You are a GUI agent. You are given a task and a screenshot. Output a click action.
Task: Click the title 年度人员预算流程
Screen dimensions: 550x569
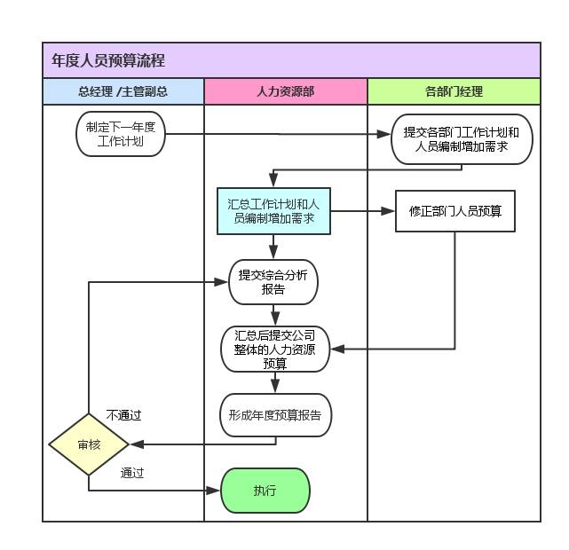click(x=108, y=61)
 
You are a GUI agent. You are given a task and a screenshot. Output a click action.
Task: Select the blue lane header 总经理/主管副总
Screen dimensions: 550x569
click(x=122, y=91)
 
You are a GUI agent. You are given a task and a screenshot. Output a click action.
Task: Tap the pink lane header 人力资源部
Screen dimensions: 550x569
click(x=285, y=91)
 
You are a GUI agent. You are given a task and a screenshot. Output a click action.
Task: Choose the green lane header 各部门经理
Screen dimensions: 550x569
click(x=454, y=91)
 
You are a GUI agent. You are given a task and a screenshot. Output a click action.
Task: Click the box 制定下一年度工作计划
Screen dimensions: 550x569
click(x=121, y=134)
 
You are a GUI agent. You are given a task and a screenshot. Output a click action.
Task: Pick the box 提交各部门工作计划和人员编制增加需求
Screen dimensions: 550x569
click(x=462, y=139)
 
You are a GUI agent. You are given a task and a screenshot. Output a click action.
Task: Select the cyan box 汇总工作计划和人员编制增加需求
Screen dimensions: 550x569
click(x=273, y=211)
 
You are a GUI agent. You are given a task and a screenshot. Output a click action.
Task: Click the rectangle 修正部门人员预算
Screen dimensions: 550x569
click(x=454, y=211)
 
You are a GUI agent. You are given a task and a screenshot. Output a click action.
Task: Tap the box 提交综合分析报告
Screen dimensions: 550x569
click(x=273, y=282)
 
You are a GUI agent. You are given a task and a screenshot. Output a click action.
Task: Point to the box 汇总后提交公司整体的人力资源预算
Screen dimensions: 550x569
click(x=275, y=350)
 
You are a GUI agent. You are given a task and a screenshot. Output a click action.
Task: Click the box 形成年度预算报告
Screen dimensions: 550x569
click(x=275, y=415)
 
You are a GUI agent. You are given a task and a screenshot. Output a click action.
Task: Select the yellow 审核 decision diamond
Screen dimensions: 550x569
click(x=89, y=444)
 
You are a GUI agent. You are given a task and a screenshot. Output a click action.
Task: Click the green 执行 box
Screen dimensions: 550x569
click(x=265, y=491)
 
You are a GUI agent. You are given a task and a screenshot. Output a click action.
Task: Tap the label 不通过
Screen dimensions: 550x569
click(x=123, y=415)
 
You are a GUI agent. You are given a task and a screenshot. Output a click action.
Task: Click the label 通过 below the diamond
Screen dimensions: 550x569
click(x=132, y=473)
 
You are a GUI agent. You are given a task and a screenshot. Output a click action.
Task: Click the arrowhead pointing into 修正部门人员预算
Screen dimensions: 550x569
click(x=389, y=211)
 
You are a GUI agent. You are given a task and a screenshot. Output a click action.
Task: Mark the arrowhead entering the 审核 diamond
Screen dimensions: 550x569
click(x=136, y=444)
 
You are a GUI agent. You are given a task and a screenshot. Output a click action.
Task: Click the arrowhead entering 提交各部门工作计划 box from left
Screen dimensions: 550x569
click(x=385, y=135)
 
